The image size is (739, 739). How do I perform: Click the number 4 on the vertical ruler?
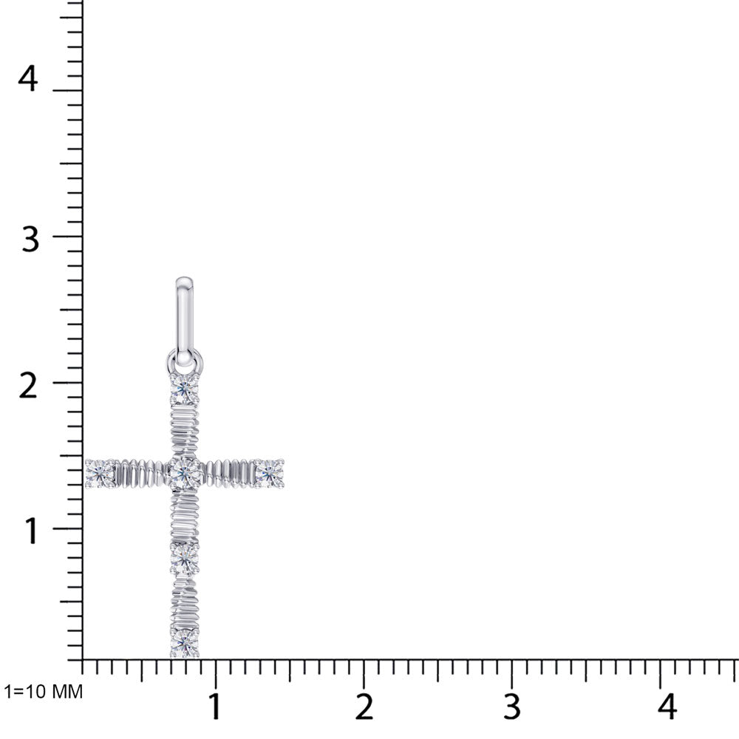(28, 79)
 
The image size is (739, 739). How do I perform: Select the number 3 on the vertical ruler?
(30, 239)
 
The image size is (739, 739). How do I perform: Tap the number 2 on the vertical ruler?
(28, 386)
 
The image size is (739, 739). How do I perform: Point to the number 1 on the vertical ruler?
(31, 531)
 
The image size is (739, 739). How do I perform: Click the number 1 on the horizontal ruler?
(215, 706)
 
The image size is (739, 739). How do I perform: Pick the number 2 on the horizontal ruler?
(364, 706)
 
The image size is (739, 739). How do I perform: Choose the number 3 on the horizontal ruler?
(512, 706)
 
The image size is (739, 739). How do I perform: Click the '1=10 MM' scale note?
(44, 692)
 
